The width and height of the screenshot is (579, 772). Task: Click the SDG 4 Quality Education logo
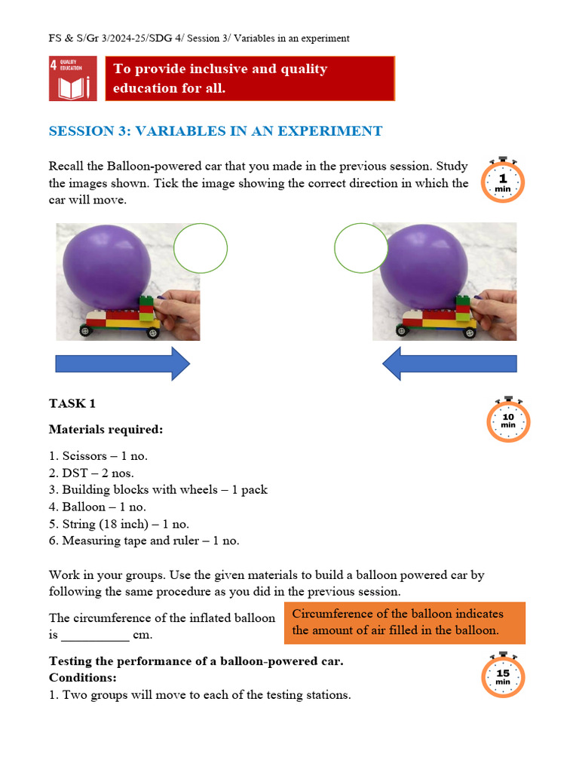coord(72,78)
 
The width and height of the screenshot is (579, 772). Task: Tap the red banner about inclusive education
coord(250,78)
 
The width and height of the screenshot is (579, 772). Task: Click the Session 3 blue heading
coord(216,131)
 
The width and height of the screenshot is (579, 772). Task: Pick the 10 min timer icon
coord(508,420)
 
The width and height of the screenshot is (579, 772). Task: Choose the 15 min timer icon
coord(503,675)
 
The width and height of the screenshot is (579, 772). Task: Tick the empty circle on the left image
coord(201,248)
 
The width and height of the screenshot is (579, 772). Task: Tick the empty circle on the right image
coord(360,248)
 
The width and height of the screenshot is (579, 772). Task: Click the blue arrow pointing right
coord(123,364)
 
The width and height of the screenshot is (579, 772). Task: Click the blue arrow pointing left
coord(449,364)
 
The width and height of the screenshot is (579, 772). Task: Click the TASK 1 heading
coord(72,403)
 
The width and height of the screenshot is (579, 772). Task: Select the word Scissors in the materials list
coord(84,456)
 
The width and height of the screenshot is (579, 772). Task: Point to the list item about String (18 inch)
coord(119,524)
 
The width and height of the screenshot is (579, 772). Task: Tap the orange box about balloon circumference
coord(404,622)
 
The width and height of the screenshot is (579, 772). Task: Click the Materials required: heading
coord(106,429)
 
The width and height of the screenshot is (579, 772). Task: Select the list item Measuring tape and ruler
coord(144,541)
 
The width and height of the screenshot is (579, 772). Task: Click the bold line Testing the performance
coord(196,661)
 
